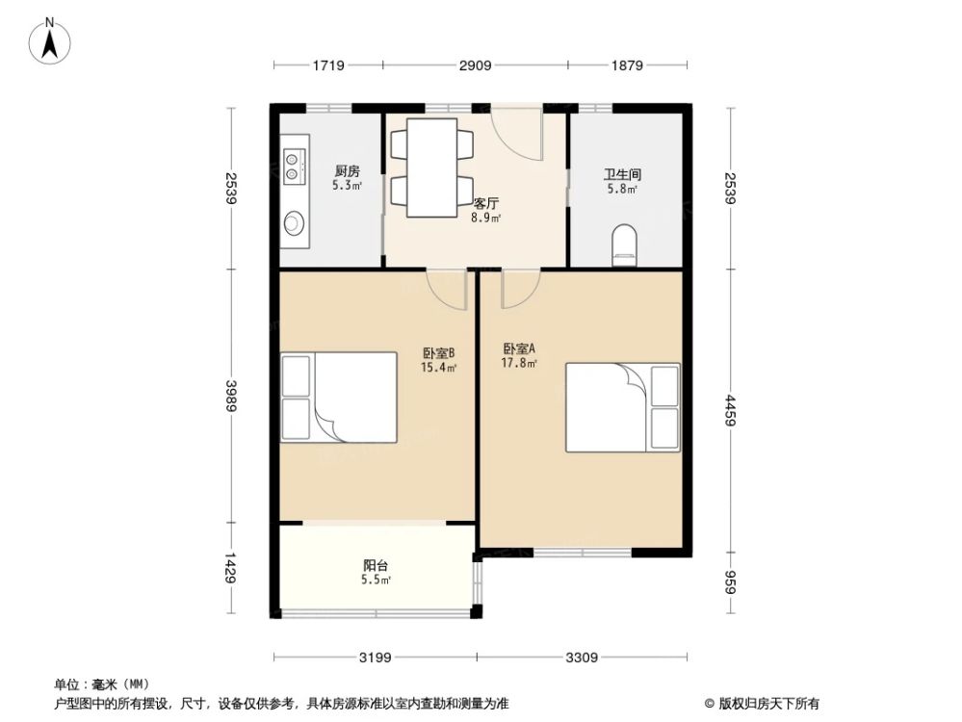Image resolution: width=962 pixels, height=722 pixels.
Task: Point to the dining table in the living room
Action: tap(431, 166)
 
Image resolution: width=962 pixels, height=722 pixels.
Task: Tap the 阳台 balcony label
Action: tap(376, 567)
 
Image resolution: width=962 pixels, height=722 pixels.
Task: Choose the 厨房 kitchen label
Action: tap(348, 171)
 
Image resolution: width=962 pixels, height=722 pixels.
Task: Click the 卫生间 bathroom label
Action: tap(622, 175)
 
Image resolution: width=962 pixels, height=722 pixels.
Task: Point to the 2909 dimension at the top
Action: tap(475, 65)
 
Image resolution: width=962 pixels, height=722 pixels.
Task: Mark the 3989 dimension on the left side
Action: tap(230, 395)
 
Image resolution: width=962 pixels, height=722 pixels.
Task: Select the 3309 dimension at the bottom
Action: tap(582, 658)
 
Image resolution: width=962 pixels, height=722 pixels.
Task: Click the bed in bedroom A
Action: tap(621, 406)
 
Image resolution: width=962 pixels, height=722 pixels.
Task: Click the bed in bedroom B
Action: tap(339, 397)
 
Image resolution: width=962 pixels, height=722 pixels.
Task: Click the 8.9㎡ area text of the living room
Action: tap(484, 218)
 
